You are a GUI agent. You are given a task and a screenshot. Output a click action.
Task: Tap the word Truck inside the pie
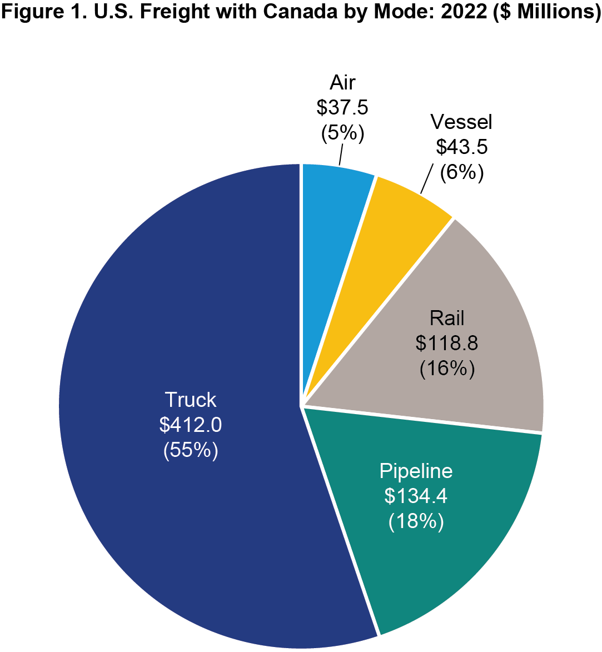tap(190, 400)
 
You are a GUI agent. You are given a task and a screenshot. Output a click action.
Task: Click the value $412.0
tap(190, 425)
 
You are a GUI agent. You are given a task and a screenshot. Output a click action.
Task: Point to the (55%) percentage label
tap(190, 450)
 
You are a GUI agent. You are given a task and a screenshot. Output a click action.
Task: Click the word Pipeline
tap(416, 471)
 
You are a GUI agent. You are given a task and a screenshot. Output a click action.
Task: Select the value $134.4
tap(416, 496)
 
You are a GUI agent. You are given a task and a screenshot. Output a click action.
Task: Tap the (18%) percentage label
tap(416, 521)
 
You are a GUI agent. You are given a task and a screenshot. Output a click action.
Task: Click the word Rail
tap(446, 318)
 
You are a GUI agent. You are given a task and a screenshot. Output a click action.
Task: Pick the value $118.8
tap(446, 344)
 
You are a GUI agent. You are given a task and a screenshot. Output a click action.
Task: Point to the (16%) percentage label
tap(446, 369)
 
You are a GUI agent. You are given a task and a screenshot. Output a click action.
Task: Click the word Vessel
tap(461, 122)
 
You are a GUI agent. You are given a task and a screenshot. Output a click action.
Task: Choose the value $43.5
tap(461, 147)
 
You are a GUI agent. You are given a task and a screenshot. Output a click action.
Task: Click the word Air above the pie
tap(342, 83)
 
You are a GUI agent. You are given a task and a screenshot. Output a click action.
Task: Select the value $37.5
tap(342, 108)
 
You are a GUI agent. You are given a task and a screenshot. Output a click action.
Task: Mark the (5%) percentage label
tap(342, 133)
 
